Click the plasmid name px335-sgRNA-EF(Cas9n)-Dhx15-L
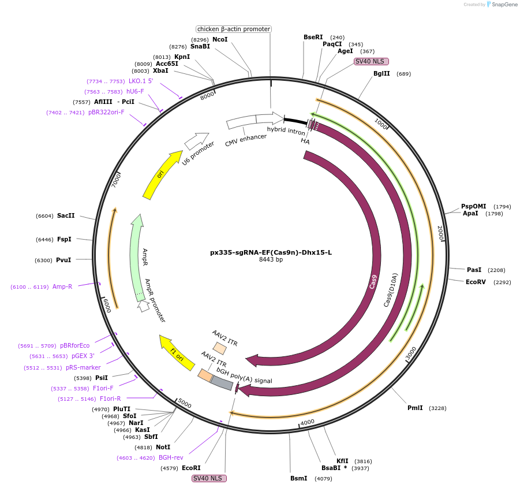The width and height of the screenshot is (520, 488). point(271,252)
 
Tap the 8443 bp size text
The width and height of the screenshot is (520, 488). point(271,260)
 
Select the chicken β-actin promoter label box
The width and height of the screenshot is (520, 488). point(233,29)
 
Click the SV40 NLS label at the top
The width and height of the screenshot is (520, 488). point(371,61)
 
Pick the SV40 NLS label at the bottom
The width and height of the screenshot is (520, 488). point(209,478)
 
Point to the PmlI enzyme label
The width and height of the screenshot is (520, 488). point(415,408)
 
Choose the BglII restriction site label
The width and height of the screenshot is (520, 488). point(381,73)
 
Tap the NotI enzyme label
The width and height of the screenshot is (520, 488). point(163,447)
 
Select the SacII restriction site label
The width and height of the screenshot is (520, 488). point(65,215)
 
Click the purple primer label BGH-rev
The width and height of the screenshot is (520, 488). point(171,457)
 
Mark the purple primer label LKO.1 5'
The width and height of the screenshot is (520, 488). point(141,81)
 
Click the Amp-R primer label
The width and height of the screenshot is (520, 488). point(62,286)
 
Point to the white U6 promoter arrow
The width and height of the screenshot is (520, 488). point(196,141)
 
